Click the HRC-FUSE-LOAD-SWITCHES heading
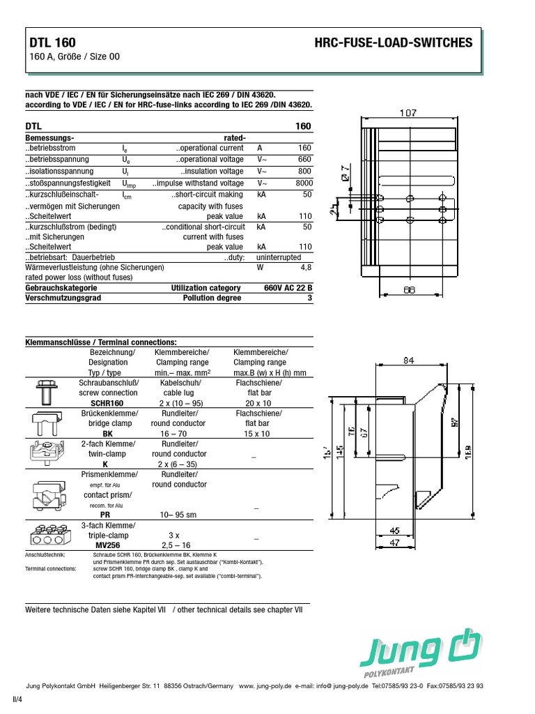[394, 43]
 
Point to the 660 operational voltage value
[304, 159]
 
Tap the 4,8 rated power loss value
[306, 267]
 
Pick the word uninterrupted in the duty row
[277, 257]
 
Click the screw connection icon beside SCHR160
[47, 393]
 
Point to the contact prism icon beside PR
[47, 494]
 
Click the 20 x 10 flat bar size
[257, 403]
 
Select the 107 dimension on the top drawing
[409, 112]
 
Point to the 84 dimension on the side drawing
[409, 361]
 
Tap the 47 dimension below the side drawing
[394, 541]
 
